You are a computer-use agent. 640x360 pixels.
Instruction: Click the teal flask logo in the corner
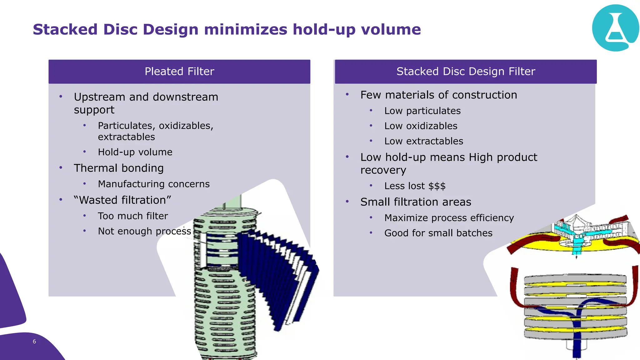click(x=615, y=28)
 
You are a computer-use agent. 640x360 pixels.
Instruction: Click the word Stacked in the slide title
click(x=65, y=30)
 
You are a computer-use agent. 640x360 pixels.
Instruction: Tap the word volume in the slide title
click(x=391, y=30)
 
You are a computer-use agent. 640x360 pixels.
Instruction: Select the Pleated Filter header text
click(x=179, y=72)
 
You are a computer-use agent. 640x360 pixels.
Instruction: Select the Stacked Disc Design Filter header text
click(x=466, y=72)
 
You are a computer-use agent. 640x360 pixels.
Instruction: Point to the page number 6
click(x=34, y=342)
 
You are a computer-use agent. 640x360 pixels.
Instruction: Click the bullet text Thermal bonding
click(x=119, y=168)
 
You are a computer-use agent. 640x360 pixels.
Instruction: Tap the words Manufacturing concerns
click(x=154, y=184)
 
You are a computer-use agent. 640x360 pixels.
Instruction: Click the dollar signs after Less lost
click(x=437, y=186)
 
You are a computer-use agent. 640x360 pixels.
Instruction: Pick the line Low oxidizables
click(x=421, y=126)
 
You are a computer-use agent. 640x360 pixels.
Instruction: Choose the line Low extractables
click(x=424, y=141)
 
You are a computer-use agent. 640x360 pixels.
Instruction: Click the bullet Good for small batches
click(x=438, y=233)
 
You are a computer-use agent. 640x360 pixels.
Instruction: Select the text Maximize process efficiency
click(x=449, y=218)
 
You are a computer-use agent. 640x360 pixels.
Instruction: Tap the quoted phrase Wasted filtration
click(x=122, y=200)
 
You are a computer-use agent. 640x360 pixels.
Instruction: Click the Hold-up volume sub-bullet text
click(x=135, y=152)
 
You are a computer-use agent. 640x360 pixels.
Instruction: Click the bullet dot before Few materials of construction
click(x=347, y=95)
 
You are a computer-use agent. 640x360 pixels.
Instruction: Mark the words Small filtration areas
click(x=416, y=202)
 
